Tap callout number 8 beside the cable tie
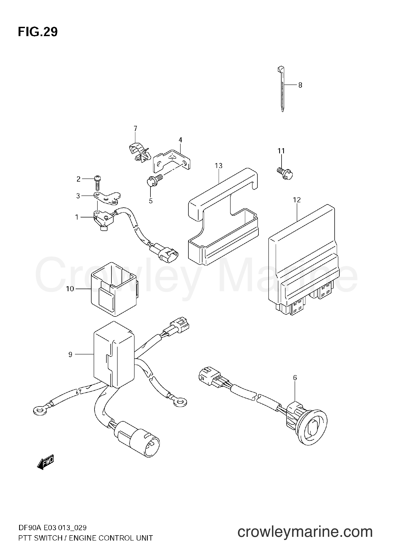tap(300, 85)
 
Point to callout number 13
tap(219, 166)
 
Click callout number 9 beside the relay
tap(70, 354)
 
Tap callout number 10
tap(70, 289)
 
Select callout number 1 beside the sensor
tap(77, 217)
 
